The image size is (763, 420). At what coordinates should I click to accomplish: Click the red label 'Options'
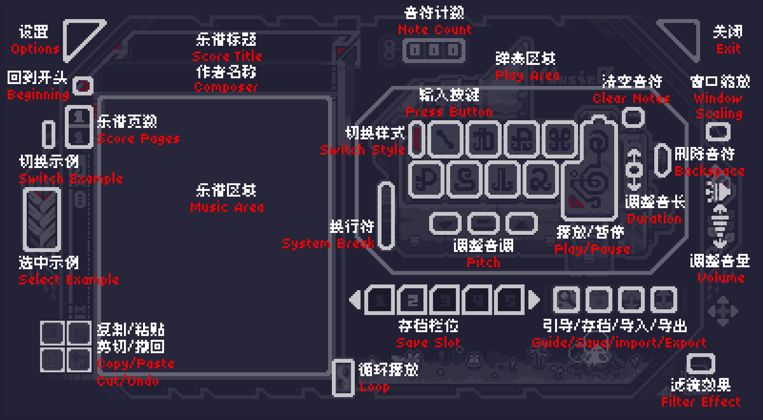(35, 49)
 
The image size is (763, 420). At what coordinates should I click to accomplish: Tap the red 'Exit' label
(728, 49)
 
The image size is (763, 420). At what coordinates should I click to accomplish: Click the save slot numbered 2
(412, 300)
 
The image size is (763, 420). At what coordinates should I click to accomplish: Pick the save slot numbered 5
(510, 300)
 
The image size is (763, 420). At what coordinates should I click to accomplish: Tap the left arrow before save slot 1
(355, 300)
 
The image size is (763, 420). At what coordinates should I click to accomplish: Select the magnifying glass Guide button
(566, 299)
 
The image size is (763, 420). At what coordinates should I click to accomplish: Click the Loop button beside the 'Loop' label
(343, 377)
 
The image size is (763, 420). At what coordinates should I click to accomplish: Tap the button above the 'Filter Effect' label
(701, 364)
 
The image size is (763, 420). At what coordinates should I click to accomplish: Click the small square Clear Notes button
(633, 118)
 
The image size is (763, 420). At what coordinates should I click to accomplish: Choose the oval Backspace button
(663, 160)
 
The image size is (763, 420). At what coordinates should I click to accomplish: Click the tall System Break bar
(386, 216)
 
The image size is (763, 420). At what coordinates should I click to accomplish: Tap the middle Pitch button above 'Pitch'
(483, 223)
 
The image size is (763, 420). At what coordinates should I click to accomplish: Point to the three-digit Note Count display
(434, 50)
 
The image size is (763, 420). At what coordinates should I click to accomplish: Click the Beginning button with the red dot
(82, 86)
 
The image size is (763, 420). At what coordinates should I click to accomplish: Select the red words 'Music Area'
(227, 207)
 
